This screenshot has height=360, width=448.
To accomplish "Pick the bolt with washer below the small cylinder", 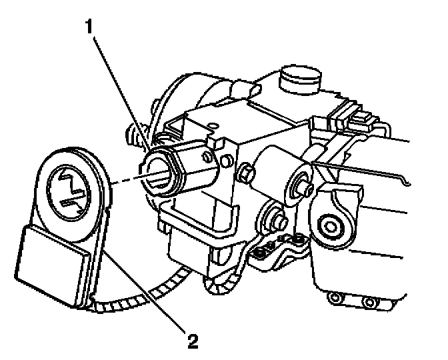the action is click(273, 217).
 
